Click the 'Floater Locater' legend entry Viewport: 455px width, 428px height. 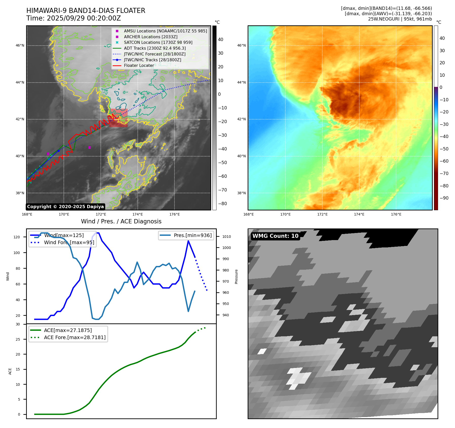point(139,66)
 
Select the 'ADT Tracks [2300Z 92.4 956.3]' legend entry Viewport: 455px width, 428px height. point(155,48)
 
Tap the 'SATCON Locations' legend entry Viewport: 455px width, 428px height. point(158,42)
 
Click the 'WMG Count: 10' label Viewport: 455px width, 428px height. point(275,236)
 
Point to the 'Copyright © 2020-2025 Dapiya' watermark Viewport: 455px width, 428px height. point(65,207)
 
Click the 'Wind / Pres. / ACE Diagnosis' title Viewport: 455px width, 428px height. point(121,221)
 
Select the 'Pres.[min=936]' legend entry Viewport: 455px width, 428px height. point(192,235)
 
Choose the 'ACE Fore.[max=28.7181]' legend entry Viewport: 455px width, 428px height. point(75,337)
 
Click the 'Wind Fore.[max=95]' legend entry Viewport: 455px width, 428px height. point(69,242)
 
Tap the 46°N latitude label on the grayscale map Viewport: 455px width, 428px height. point(20,46)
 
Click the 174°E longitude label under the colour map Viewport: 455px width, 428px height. point(359,215)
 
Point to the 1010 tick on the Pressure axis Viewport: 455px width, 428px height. point(227,237)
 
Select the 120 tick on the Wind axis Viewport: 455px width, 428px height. point(17,237)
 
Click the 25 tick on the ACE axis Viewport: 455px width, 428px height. point(18,339)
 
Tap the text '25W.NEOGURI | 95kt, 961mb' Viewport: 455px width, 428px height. point(400,19)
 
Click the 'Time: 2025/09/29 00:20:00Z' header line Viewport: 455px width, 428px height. point(74,18)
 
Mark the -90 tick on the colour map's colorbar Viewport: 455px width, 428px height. point(444,198)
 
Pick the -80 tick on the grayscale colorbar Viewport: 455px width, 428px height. point(222,204)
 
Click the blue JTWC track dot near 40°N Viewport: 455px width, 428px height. point(58,151)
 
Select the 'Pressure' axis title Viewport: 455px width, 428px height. point(236,277)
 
